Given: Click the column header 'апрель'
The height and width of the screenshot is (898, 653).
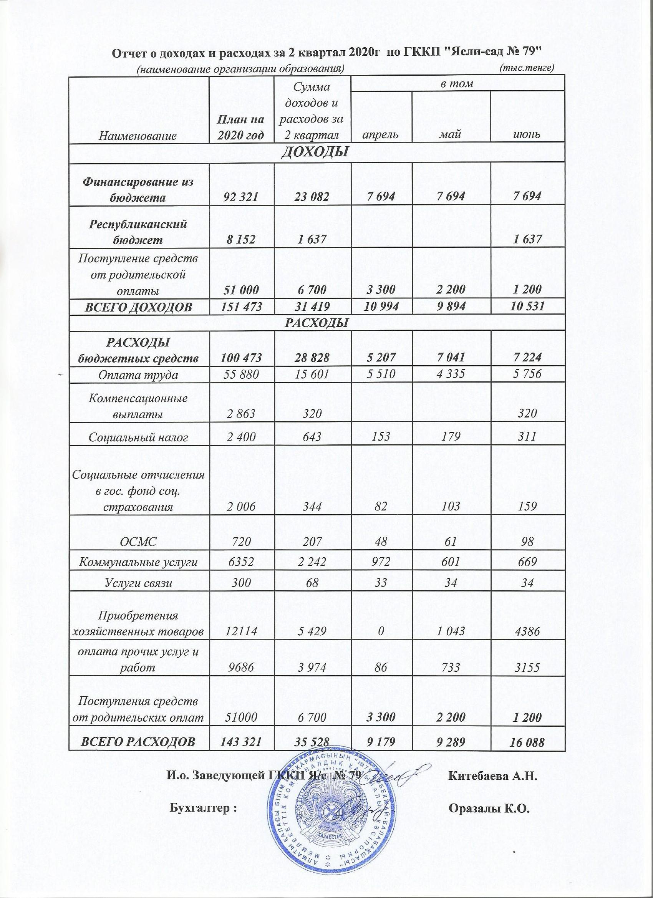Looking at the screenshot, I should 381,134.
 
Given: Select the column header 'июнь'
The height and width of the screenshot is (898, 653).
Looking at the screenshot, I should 528,134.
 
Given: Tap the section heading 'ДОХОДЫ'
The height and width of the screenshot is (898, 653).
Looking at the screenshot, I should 317,152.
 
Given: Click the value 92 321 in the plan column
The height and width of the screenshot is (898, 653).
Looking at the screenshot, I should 242,196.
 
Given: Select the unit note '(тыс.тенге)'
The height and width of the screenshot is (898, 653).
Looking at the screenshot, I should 527,68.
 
